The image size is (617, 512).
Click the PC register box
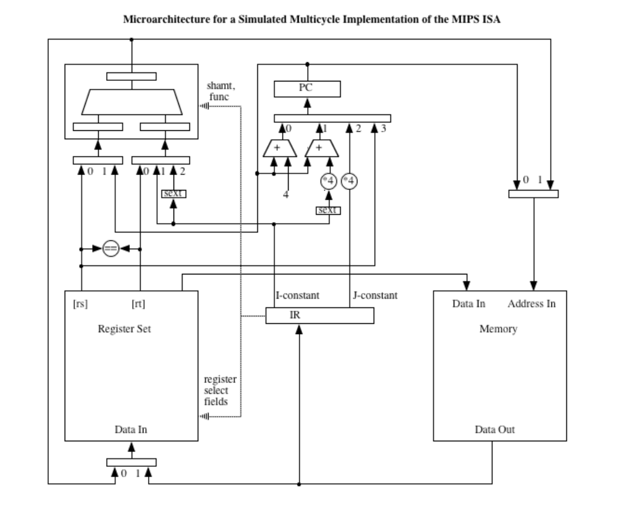(307, 89)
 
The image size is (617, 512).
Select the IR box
(319, 315)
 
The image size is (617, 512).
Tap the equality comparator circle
(110, 248)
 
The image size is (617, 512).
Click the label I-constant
(298, 296)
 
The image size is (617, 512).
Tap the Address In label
(531, 303)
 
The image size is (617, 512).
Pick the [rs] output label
(80, 303)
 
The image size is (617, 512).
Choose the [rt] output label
(138, 303)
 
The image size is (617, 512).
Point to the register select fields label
(220, 391)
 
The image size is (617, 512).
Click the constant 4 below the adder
(287, 196)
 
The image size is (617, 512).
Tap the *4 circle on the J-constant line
(349, 181)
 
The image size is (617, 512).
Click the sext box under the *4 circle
(328, 210)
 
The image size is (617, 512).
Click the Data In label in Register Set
(131, 430)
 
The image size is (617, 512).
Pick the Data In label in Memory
(469, 303)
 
